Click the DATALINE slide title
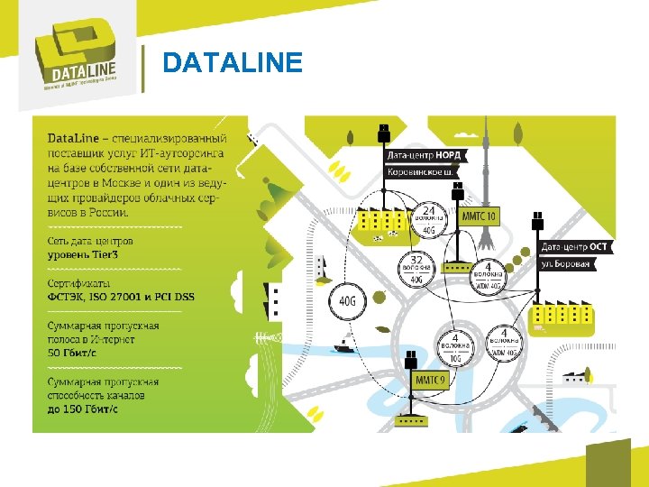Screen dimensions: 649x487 [x=233, y=62]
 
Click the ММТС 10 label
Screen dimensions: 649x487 [x=479, y=216]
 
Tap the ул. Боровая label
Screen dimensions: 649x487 [x=566, y=263]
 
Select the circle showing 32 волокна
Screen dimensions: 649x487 [x=416, y=268]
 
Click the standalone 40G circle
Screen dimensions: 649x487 [x=348, y=300]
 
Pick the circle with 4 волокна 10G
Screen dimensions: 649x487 [x=454, y=347]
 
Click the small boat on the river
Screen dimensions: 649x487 [x=343, y=344]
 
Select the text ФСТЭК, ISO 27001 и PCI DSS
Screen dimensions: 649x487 [x=120, y=297]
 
